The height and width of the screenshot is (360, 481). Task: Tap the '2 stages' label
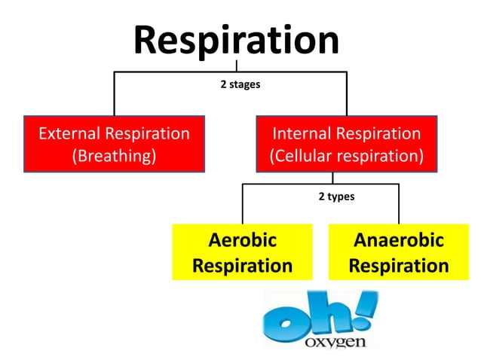[240, 84]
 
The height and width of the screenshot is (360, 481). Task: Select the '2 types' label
[335, 197]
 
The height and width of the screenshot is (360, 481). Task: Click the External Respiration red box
[114, 145]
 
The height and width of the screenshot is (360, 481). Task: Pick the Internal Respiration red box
[346, 145]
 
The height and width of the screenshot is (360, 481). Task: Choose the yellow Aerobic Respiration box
[242, 253]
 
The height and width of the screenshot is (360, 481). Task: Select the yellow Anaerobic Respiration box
[399, 253]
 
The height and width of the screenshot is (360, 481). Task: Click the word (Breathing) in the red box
[114, 157]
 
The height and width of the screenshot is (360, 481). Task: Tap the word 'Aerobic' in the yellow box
[242, 241]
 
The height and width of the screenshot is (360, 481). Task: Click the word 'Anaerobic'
[399, 241]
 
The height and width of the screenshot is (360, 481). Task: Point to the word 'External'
[69, 133]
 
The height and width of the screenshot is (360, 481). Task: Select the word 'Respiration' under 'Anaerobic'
[399, 266]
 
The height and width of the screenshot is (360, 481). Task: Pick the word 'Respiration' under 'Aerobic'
[242, 266]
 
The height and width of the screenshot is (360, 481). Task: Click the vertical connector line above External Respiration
[114, 93]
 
